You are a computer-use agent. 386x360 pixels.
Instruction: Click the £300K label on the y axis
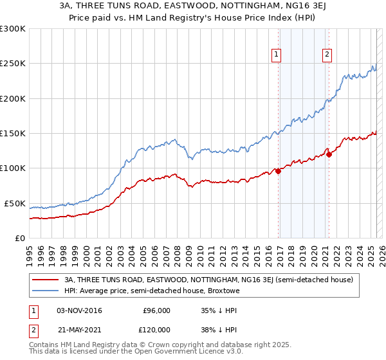click(13, 29)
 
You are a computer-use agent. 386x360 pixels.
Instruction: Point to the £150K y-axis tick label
click(13, 134)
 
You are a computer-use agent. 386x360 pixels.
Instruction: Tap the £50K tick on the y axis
click(15, 203)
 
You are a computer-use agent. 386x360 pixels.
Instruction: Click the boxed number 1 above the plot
click(276, 55)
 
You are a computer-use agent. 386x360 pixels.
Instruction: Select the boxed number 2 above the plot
click(327, 55)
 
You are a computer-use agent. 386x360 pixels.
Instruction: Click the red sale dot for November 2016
click(278, 171)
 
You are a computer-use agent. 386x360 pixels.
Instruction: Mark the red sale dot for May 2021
click(329, 154)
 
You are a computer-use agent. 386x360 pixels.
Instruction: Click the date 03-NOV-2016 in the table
click(79, 310)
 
